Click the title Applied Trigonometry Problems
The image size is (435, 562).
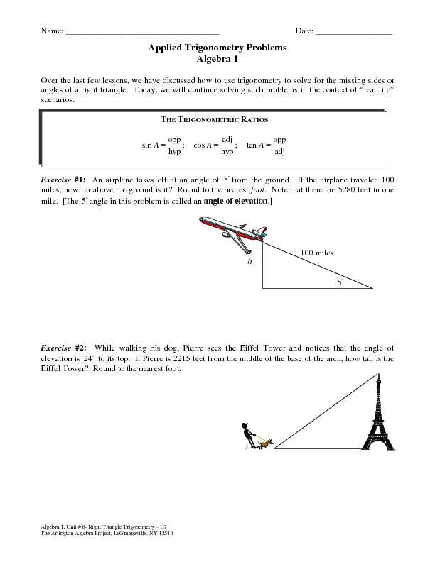point(217,48)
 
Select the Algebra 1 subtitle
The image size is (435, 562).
point(217,59)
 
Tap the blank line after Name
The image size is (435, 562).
point(142,33)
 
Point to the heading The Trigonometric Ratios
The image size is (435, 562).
point(217,121)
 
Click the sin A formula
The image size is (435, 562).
point(163,145)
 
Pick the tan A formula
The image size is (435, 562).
point(267,145)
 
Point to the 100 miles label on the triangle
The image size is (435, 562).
point(316,253)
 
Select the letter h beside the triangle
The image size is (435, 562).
point(249,262)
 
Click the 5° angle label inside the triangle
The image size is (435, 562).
point(340,282)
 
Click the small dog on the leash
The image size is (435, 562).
point(265,444)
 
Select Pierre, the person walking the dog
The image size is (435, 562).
point(247,436)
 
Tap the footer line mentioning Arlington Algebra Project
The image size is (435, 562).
point(107,532)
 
